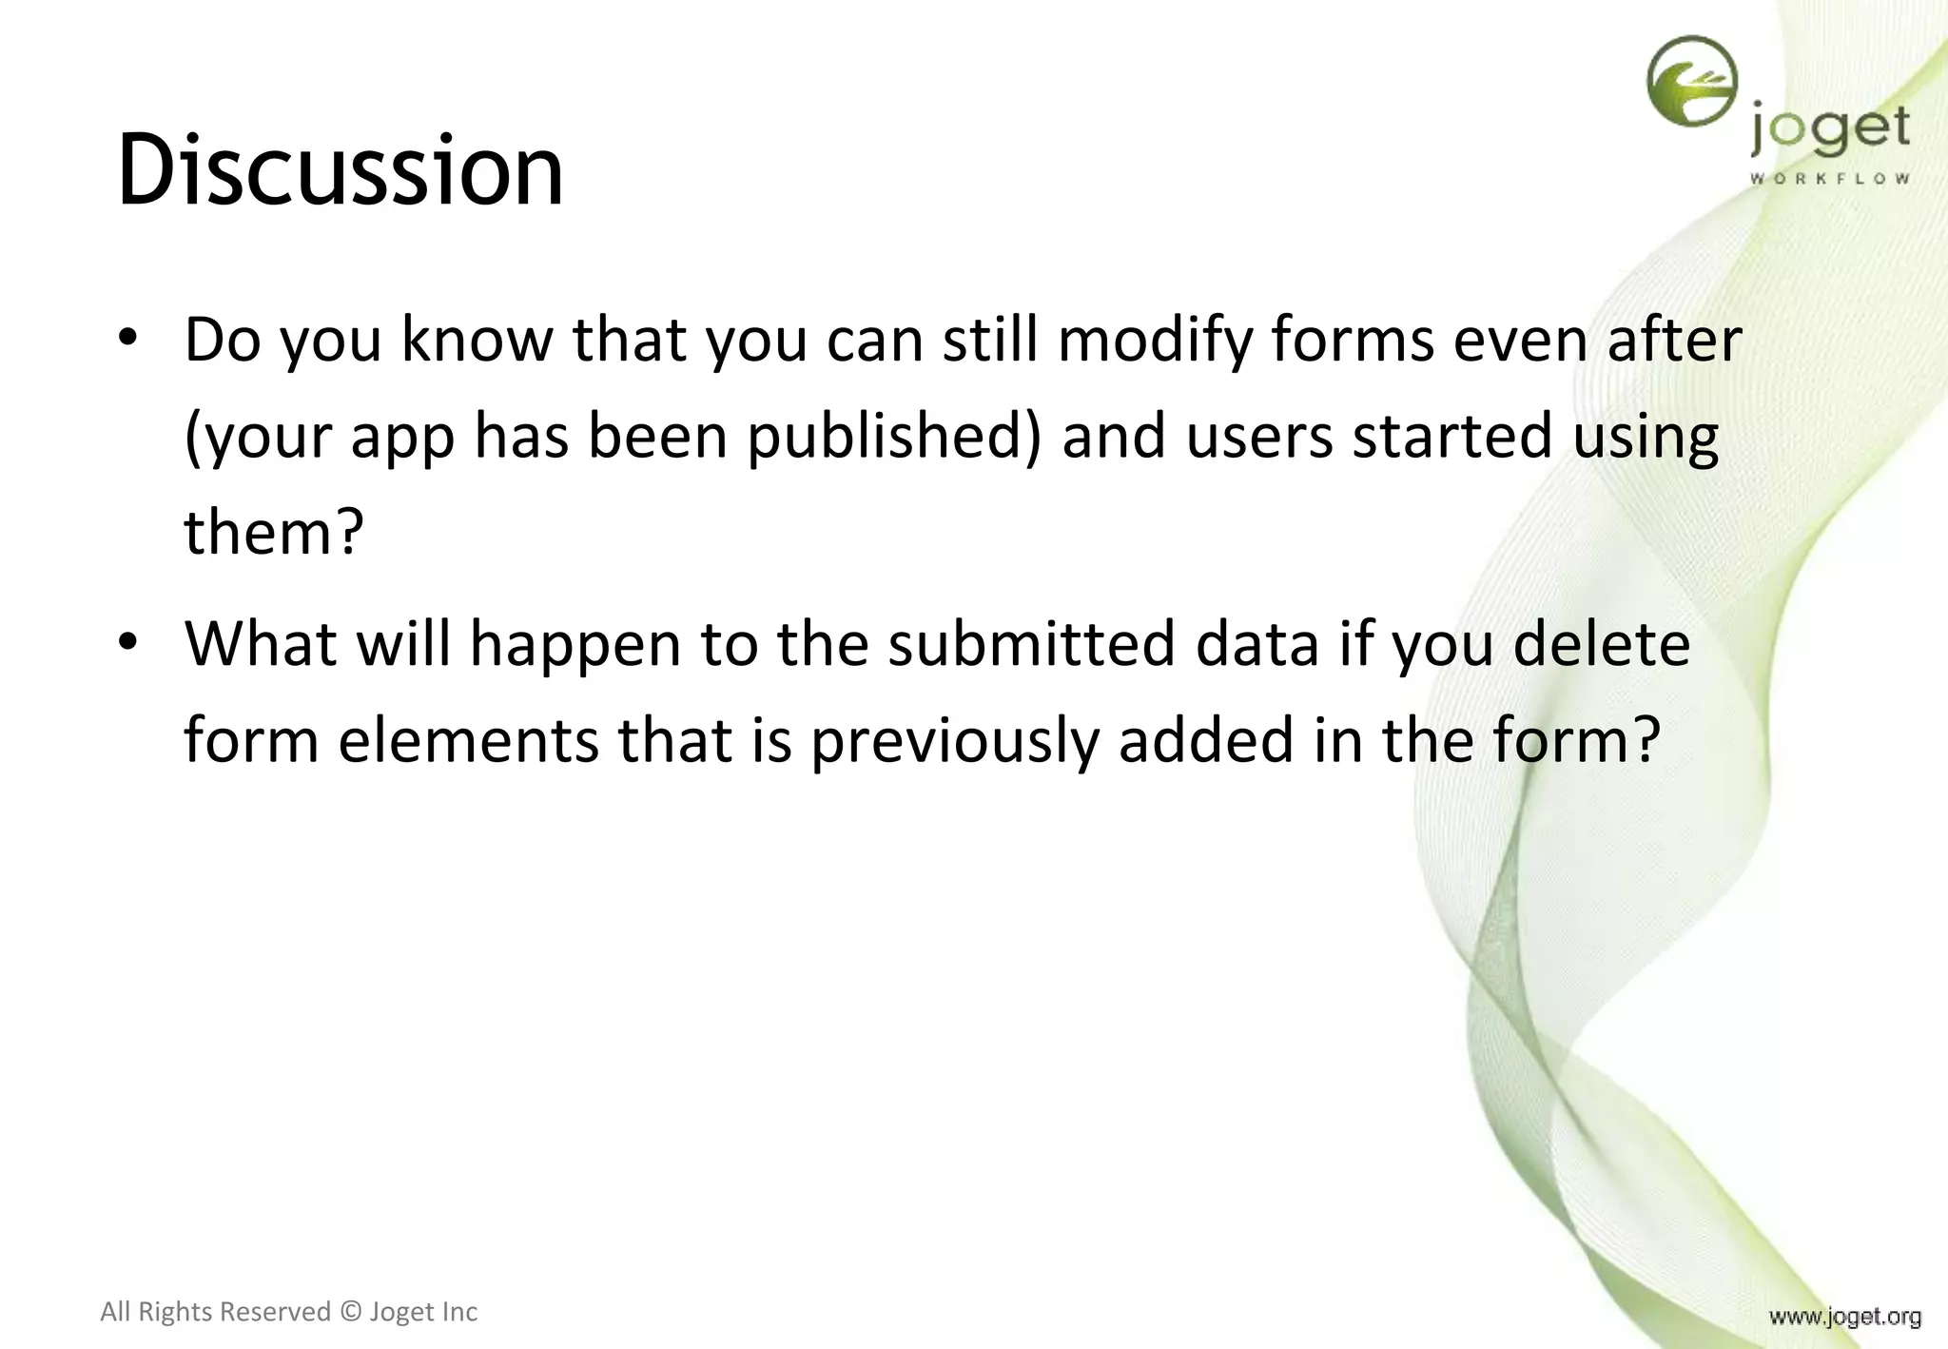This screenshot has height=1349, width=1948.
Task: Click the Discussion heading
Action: pyautogui.click(x=341, y=171)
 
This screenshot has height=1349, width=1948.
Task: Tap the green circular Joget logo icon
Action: pyautogui.click(x=1692, y=82)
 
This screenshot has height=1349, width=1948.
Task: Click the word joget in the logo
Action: pyautogui.click(x=1829, y=131)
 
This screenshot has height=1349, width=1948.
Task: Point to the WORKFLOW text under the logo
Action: pyautogui.click(x=1829, y=179)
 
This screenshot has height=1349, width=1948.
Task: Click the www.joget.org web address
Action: pyautogui.click(x=1844, y=1317)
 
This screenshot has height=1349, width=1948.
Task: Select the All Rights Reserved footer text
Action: pyautogui.click(x=288, y=1312)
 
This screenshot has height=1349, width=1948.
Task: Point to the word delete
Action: pyautogui.click(x=1601, y=644)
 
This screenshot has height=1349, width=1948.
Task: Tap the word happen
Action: pyautogui.click(x=575, y=644)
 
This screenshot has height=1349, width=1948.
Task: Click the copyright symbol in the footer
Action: pyautogui.click(x=350, y=1312)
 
